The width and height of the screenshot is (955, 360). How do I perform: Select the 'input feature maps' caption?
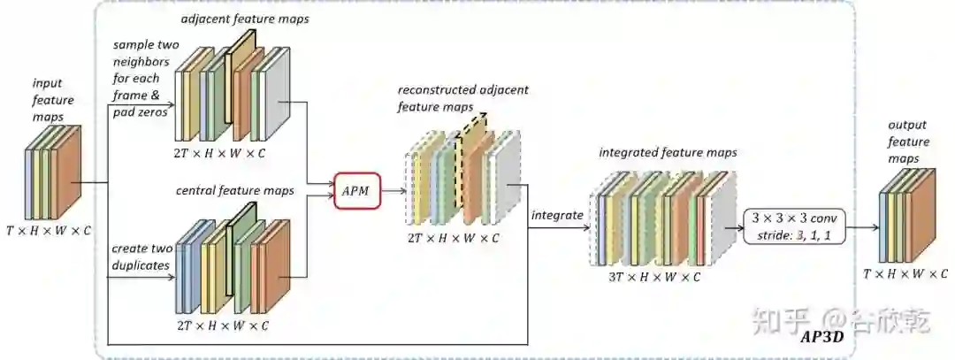(x=53, y=100)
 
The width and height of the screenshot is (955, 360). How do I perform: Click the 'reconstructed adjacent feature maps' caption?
(x=451, y=97)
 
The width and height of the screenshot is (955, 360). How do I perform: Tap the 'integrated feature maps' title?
(x=668, y=153)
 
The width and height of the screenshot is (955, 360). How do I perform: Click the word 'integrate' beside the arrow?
(x=556, y=215)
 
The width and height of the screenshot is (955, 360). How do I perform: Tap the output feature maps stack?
(x=905, y=213)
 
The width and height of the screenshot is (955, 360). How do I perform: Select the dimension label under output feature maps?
(x=906, y=273)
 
